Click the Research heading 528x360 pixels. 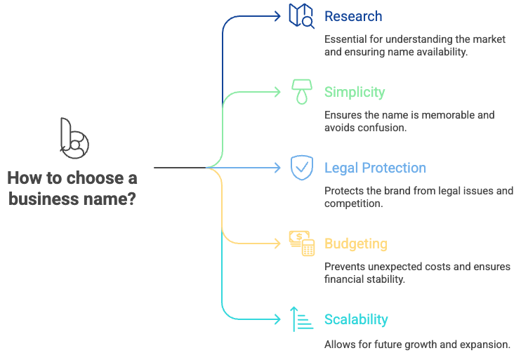coord(353,16)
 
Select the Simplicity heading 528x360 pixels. coord(355,92)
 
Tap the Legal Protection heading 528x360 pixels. coord(375,168)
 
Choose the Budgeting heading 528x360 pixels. coord(355,244)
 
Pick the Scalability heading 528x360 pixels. coord(356,319)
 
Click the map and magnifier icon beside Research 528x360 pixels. coord(302,16)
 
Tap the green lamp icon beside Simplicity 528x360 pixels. coord(302,92)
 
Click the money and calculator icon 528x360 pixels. coord(302,243)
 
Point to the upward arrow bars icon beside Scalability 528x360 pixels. coord(302,319)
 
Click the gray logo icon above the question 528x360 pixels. coord(74,136)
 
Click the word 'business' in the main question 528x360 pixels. coord(48,199)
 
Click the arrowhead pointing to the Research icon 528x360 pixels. coord(277,16)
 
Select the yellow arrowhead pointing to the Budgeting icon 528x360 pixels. coord(277,244)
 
